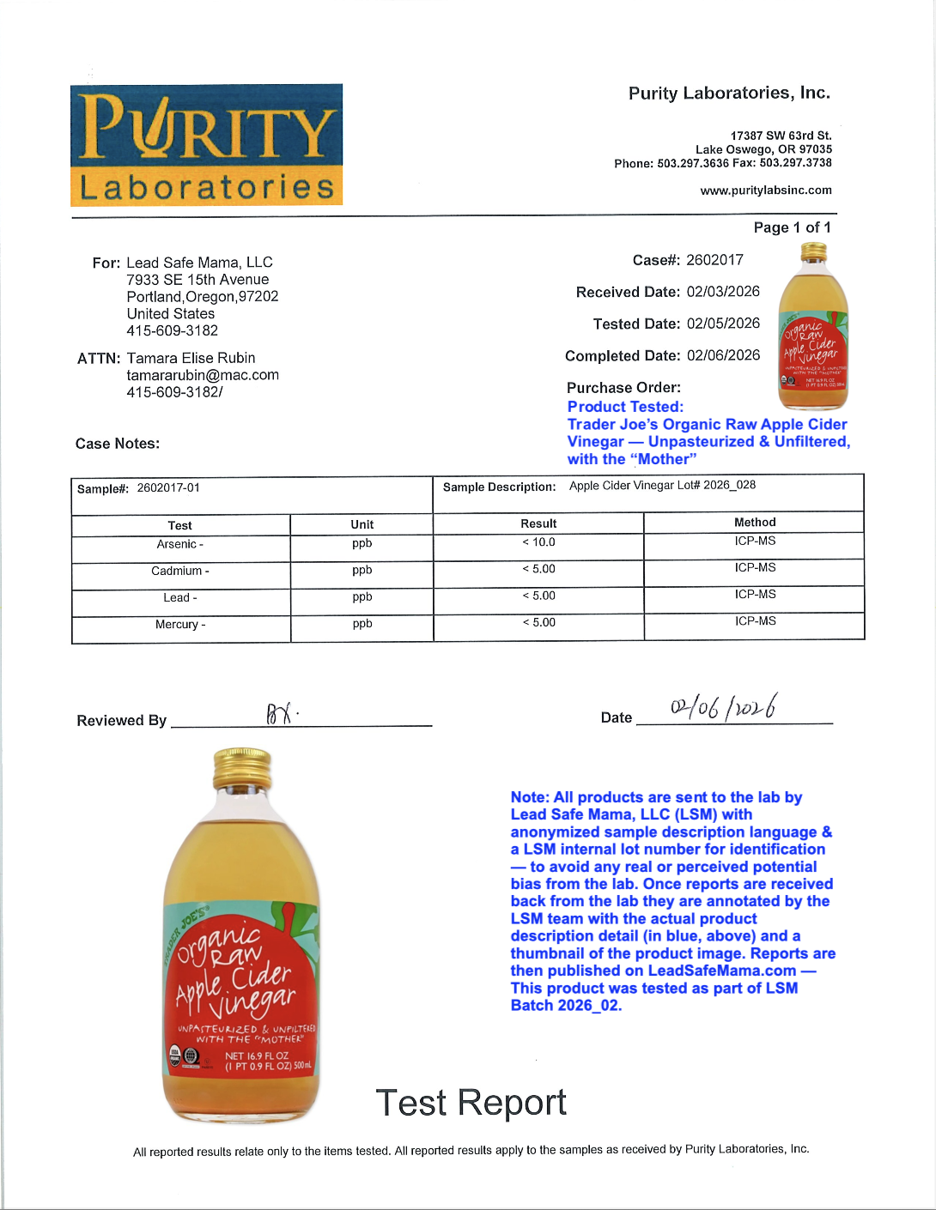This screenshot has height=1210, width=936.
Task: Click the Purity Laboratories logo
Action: (x=206, y=144)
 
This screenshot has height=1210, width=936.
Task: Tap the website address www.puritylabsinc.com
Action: (x=765, y=191)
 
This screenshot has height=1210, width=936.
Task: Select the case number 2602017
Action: (x=714, y=260)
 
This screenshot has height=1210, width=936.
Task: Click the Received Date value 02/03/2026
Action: (x=723, y=292)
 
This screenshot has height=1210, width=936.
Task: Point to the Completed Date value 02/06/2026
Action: (x=723, y=355)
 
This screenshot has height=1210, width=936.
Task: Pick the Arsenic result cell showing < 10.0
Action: (x=538, y=542)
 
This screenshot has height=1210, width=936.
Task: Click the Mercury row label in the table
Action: (x=180, y=625)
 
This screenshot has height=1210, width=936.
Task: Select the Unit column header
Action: (x=362, y=524)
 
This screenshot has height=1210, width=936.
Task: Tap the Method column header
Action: (x=755, y=522)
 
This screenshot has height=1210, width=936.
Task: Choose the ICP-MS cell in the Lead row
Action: (x=755, y=594)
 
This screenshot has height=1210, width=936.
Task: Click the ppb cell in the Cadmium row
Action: (x=362, y=570)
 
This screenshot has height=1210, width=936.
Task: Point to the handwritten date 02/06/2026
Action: (x=724, y=707)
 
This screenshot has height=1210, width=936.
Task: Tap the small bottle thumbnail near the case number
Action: (x=812, y=326)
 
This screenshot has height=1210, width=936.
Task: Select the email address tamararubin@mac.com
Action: (x=203, y=375)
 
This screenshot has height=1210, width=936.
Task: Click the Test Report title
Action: (x=471, y=1103)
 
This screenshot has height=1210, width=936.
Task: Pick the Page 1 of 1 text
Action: (x=792, y=227)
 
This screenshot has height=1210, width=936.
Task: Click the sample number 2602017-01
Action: (x=168, y=488)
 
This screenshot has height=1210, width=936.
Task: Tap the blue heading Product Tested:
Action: (x=625, y=407)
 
